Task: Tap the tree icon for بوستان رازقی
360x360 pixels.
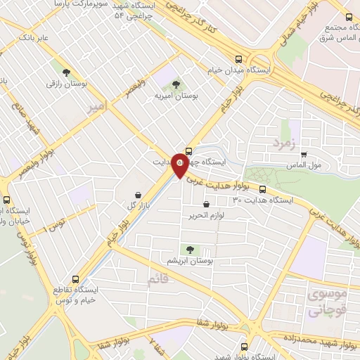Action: pyautogui.click(x=66, y=72)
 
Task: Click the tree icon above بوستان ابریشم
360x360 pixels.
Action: pyautogui.click(x=188, y=249)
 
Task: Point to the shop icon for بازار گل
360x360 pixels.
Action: pyautogui.click(x=138, y=195)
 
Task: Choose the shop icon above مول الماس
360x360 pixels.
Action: pyautogui.click(x=293, y=155)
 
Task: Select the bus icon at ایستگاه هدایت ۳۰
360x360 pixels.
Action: pyautogui.click(x=262, y=189)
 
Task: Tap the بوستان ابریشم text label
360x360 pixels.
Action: pyautogui.click(x=189, y=262)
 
